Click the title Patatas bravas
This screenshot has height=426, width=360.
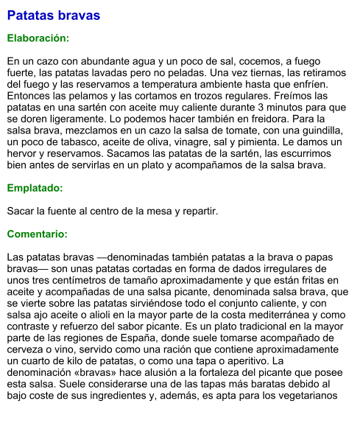coord(54,15)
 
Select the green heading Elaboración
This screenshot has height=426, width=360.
coord(38,38)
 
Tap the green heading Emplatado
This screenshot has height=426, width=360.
coord(35,188)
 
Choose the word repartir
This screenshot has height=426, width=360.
coord(199,211)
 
